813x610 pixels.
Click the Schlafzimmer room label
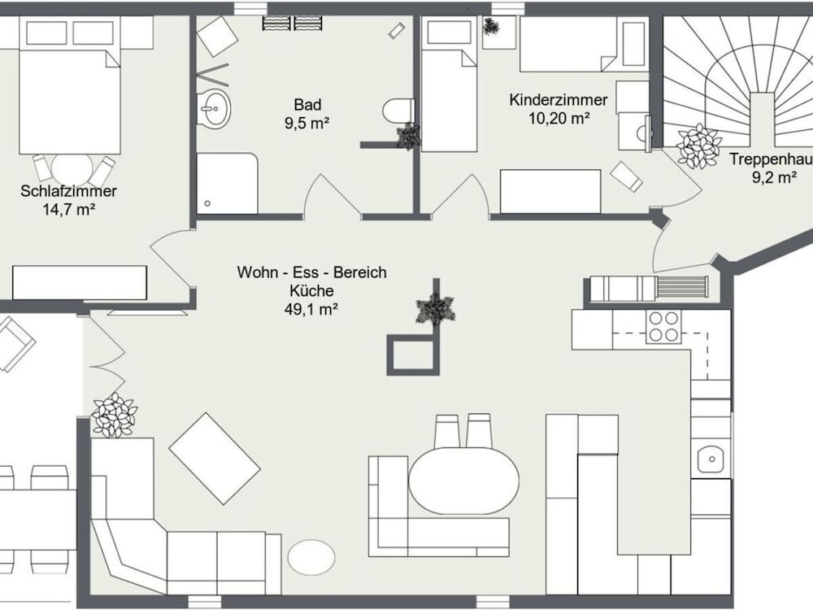pos(68,191)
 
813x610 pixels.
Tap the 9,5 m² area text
pos(307,124)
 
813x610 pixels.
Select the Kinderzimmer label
pos(559,99)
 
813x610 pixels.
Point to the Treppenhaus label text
pos(771,159)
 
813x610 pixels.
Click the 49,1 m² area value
pos(311,310)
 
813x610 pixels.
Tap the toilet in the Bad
pos(398,110)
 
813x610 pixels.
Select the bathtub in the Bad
pos(227,183)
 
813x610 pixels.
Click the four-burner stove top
pos(663,327)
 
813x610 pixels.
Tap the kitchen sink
pos(712,459)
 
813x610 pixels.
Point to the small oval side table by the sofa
pos(311,558)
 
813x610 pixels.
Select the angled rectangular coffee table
pos(215,459)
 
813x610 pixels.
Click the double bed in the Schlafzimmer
pos(70,102)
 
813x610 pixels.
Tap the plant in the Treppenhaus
pos(698,146)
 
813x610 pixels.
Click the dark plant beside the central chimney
pos(436,309)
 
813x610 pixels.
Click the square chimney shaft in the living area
pos(413,355)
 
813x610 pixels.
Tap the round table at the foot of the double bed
pos(72,169)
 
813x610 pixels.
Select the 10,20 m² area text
pos(559,119)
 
